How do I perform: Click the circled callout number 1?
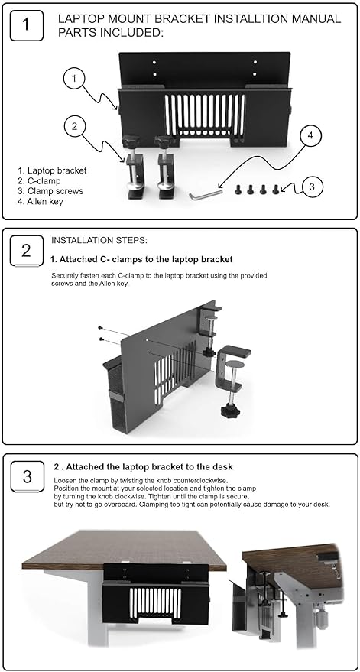pyautogui.click(x=75, y=80)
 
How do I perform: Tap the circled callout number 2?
pyautogui.click(x=75, y=126)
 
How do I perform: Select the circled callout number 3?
pyautogui.click(x=312, y=187)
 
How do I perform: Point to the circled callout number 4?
pyautogui.click(x=310, y=136)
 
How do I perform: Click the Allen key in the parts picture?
pyautogui.click(x=206, y=194)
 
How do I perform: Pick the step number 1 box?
pyautogui.click(x=27, y=25)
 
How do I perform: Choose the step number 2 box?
pyautogui.click(x=27, y=251)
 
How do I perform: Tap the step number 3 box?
pyautogui.click(x=27, y=476)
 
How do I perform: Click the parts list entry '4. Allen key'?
pyautogui.click(x=41, y=201)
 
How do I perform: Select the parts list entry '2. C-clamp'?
pyautogui.click(x=39, y=181)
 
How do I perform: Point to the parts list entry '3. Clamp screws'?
pyautogui.click(x=50, y=191)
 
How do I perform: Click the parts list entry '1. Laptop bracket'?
pyautogui.click(x=52, y=170)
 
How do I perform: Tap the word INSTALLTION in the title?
pyautogui.click(x=248, y=19)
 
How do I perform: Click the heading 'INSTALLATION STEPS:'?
pyautogui.click(x=99, y=240)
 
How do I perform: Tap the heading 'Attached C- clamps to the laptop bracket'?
pyautogui.click(x=146, y=259)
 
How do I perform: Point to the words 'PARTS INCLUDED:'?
pyautogui.click(x=111, y=33)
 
